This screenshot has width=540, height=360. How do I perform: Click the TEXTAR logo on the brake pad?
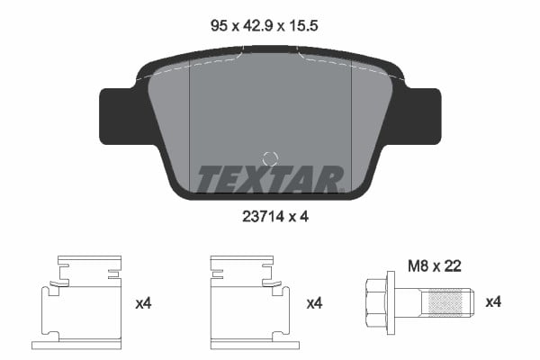coord(269,179)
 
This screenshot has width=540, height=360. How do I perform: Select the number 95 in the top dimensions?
coord(219,25)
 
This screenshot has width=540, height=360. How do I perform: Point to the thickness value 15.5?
coord(302,25)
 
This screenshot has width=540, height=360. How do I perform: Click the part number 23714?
coord(263,217)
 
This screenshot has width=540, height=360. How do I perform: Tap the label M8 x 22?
coord(435,266)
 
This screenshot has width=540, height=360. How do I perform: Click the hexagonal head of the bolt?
coord(376,302)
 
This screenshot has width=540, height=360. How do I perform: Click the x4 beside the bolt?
coord(493,302)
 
